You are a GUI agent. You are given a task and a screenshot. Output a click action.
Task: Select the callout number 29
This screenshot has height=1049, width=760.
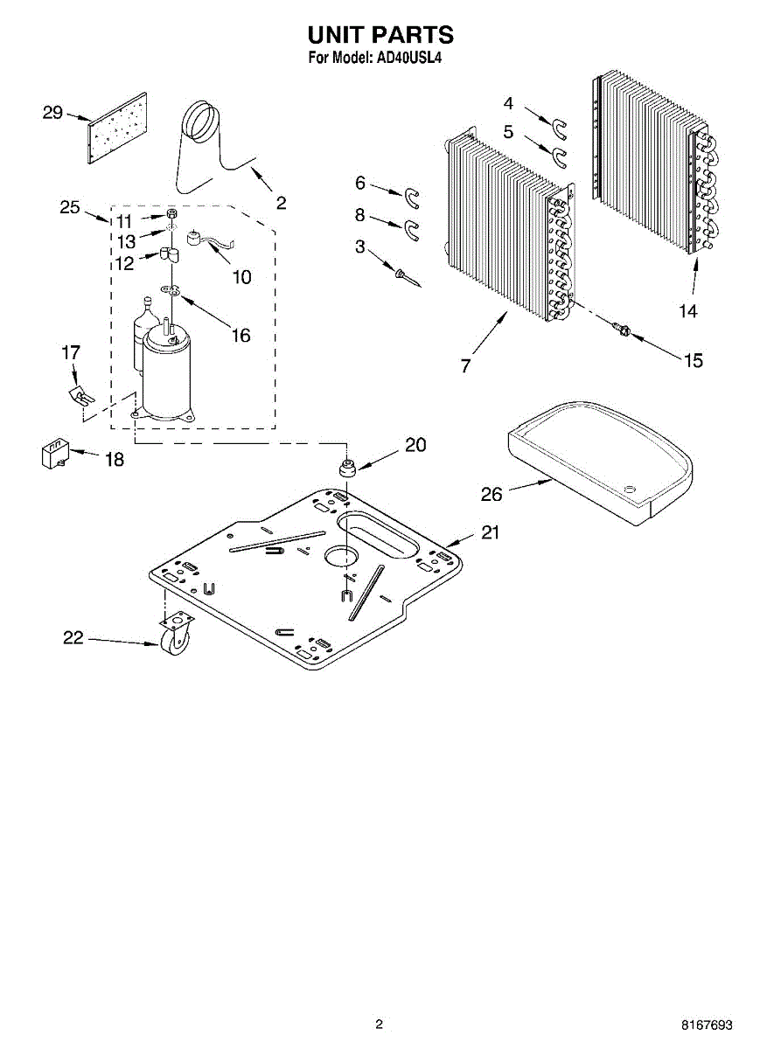point(53,112)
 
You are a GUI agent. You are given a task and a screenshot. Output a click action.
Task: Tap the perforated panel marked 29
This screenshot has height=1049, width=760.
point(116,129)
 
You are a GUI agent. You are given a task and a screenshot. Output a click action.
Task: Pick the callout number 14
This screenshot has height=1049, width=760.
point(688,310)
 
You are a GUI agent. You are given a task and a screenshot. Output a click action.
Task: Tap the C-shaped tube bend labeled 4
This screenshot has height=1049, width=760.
point(558,127)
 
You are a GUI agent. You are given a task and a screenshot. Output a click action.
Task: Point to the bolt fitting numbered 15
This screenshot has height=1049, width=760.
point(623,329)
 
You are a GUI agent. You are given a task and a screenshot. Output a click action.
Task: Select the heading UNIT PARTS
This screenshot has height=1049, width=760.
point(380,34)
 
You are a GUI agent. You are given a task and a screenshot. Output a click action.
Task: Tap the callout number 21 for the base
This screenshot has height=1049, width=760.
point(490,531)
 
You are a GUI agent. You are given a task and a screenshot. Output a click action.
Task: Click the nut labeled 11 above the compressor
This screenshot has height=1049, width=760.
point(172,214)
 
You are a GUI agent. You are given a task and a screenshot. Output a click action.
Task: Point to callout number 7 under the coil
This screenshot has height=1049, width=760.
point(465,366)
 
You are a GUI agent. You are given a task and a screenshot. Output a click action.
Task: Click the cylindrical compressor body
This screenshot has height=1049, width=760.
point(166,376)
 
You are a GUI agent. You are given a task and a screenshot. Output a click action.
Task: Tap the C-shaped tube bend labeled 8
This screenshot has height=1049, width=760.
point(409,230)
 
